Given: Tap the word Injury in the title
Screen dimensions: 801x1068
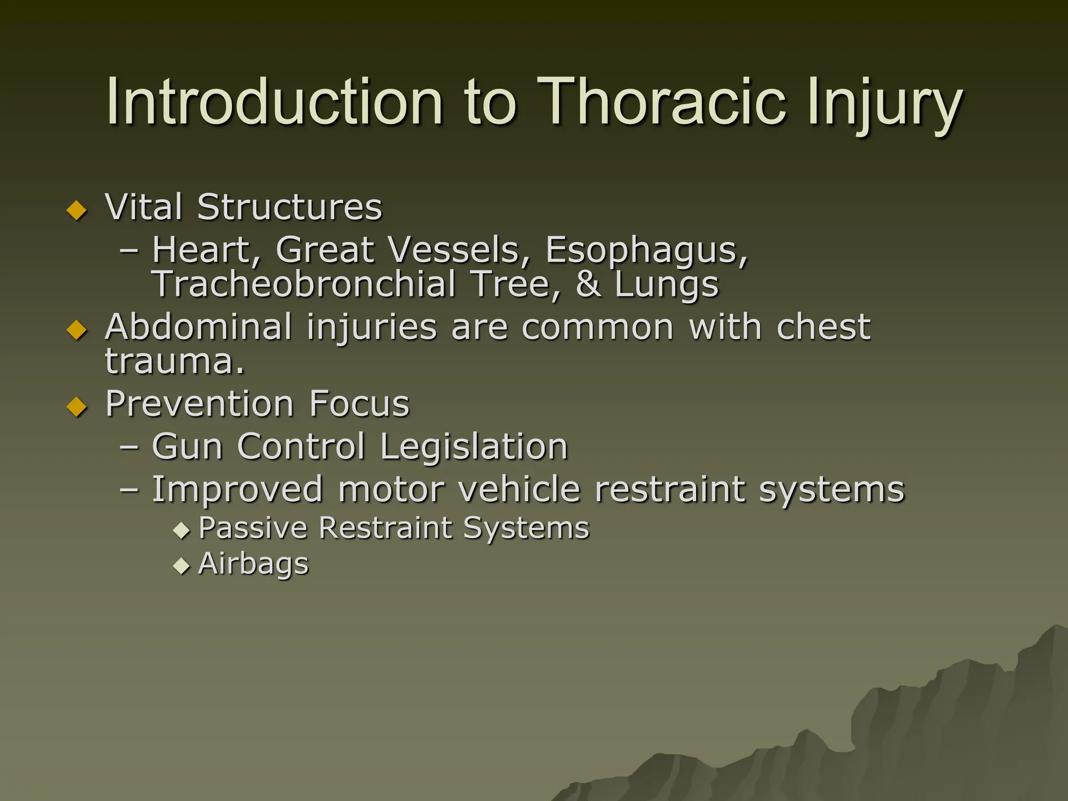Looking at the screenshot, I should click(884, 104).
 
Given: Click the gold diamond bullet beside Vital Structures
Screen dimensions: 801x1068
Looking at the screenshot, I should click(77, 210).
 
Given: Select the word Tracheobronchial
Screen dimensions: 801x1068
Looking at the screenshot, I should click(304, 284).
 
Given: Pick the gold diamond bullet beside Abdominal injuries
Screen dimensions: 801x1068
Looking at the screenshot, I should click(77, 330).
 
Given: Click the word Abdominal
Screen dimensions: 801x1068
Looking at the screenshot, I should click(198, 327).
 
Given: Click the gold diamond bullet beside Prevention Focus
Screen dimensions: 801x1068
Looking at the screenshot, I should click(77, 407).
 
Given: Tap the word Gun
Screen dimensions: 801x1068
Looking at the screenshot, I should click(187, 447).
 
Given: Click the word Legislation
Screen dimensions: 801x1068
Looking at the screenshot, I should click(474, 447).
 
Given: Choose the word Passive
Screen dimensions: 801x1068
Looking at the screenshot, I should click(252, 528).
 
